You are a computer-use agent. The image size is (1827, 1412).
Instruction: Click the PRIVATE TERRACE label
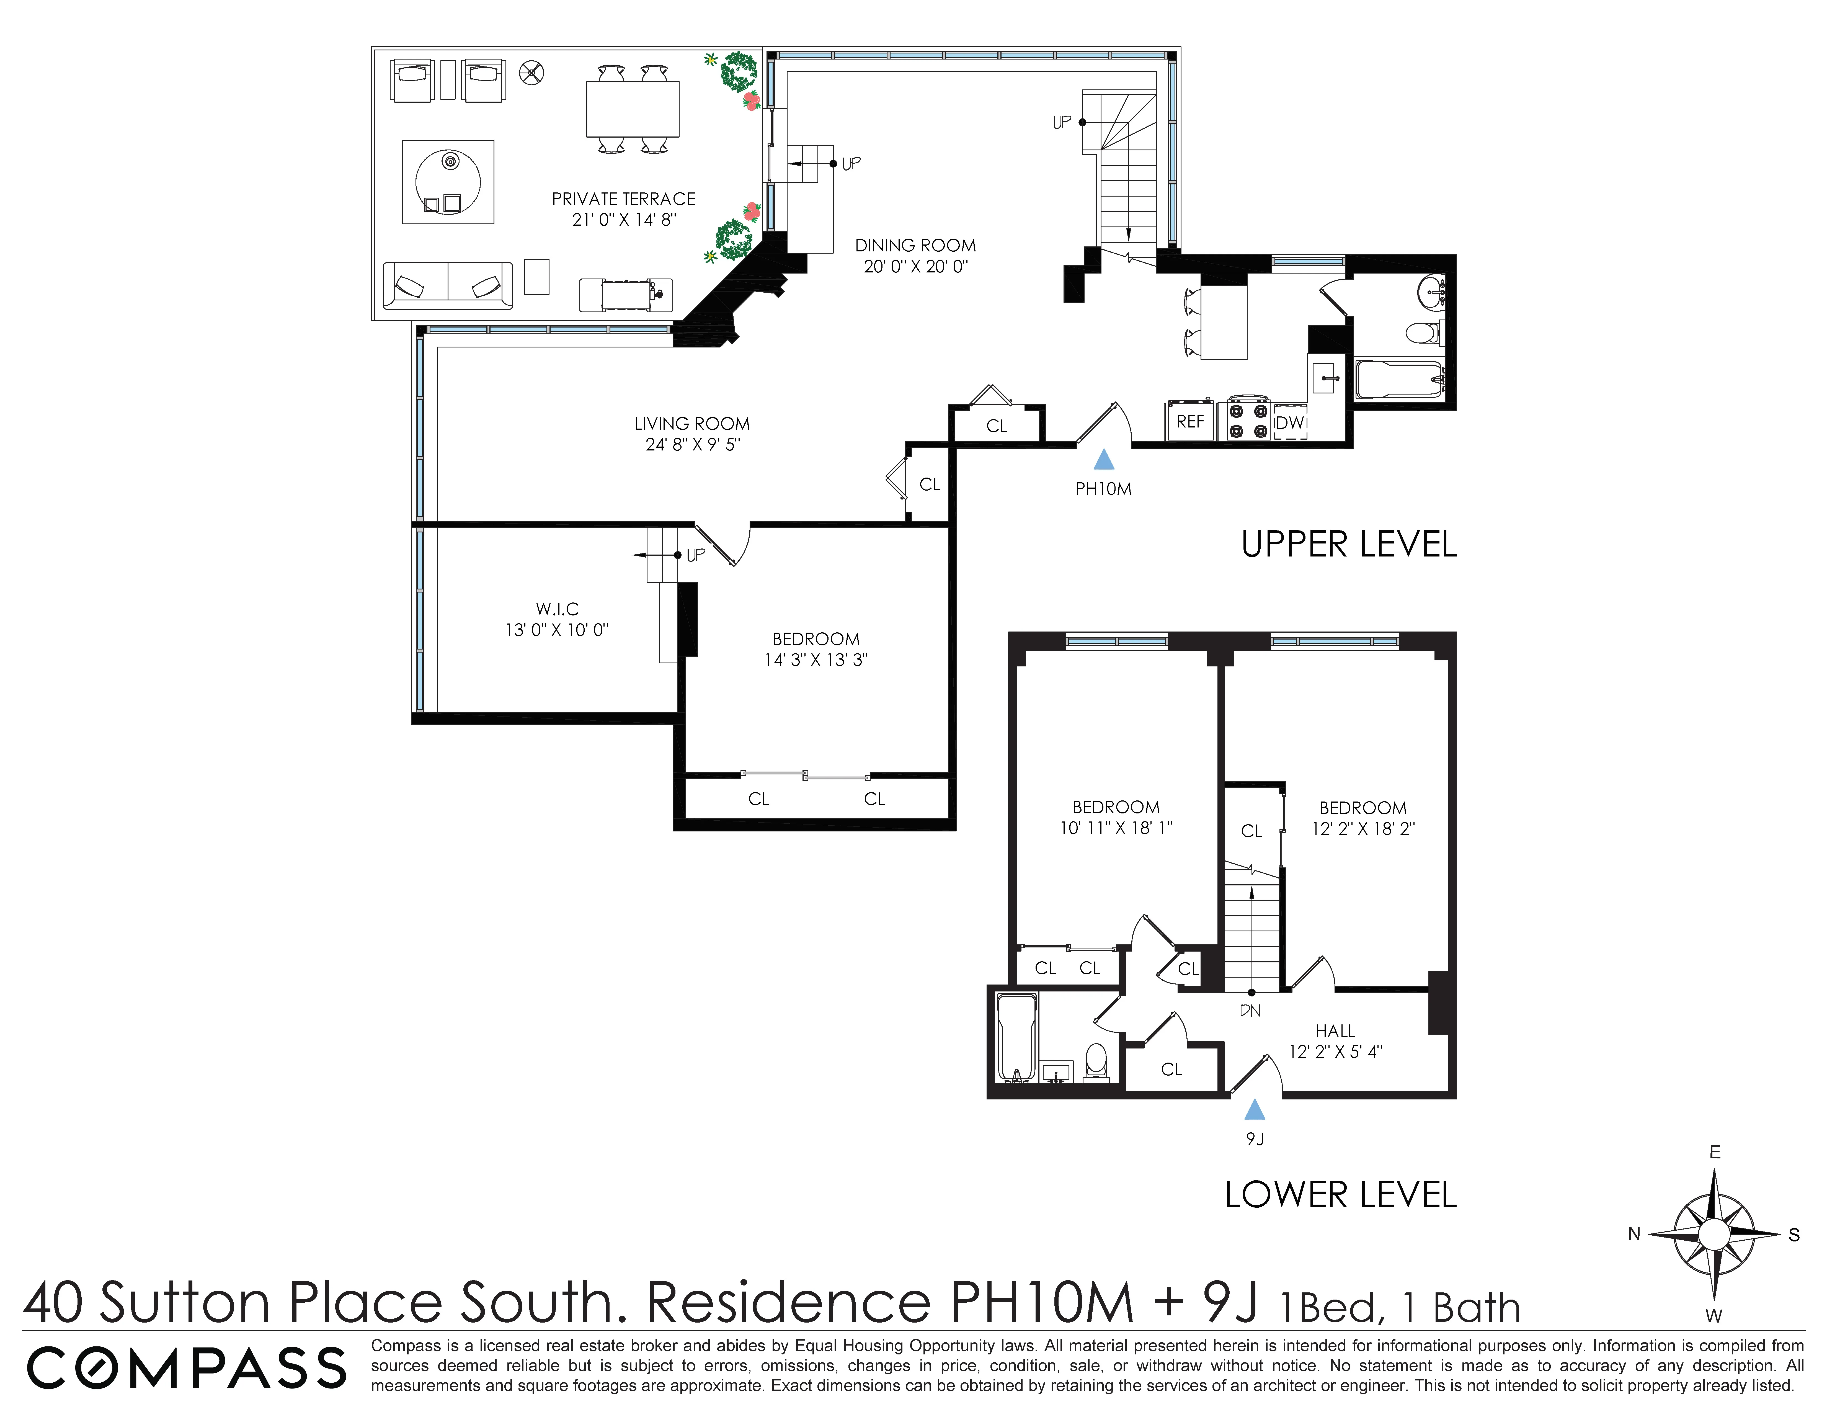coord(623,199)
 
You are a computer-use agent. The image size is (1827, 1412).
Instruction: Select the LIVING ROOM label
coord(692,424)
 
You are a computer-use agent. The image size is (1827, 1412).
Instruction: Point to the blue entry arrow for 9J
coord(1254,1110)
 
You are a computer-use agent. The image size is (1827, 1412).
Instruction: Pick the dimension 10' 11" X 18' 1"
coord(1116,828)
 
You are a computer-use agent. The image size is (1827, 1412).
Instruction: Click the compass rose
coord(1714,1234)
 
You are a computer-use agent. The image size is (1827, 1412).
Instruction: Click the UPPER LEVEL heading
coord(1348,545)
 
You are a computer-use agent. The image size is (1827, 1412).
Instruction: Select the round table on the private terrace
coord(448,182)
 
